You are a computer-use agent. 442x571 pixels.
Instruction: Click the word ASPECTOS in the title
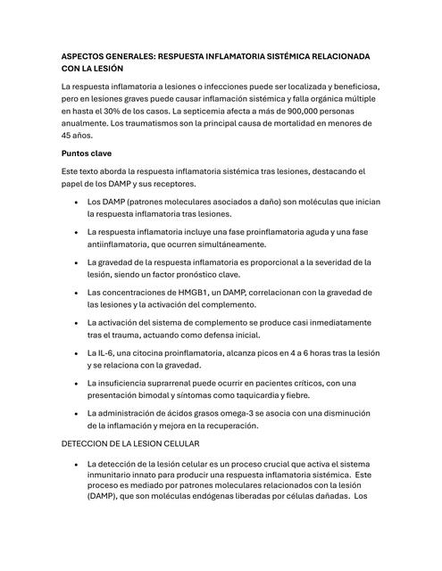click(x=81, y=55)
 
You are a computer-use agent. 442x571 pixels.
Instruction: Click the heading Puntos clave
click(x=86, y=153)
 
